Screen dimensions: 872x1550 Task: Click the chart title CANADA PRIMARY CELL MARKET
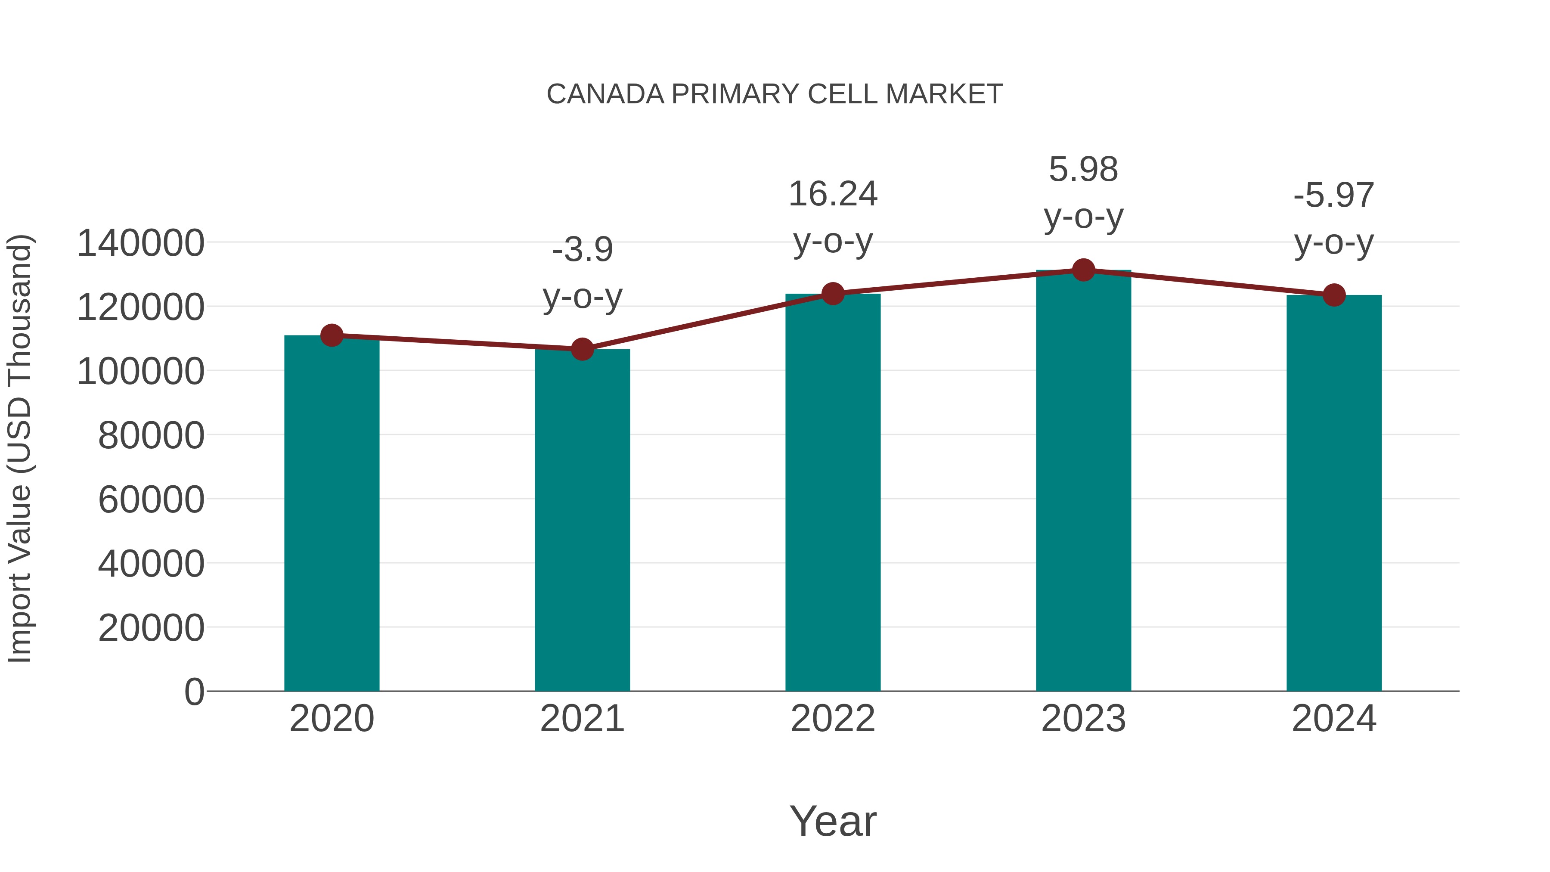click(x=775, y=94)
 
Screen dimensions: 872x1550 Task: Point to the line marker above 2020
click(x=332, y=335)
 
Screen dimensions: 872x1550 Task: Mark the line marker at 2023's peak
click(x=1083, y=270)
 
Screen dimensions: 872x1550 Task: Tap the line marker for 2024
click(x=1334, y=295)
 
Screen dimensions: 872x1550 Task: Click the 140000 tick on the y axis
click(x=140, y=244)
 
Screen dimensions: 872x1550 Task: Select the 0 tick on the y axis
click(x=194, y=692)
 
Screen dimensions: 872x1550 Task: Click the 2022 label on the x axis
click(x=833, y=719)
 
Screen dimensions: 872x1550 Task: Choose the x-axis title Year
click(x=833, y=821)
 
